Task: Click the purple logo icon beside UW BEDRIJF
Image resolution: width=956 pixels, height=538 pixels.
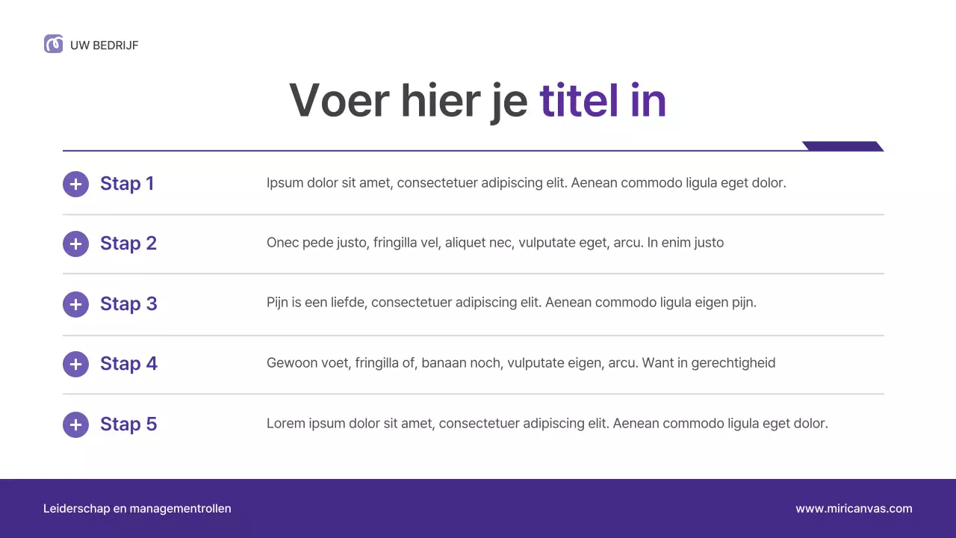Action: [x=53, y=44]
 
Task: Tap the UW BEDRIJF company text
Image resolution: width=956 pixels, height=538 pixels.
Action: [x=105, y=46]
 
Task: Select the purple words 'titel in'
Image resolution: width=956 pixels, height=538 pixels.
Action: [x=602, y=100]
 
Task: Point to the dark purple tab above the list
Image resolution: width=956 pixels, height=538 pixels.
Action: [x=842, y=146]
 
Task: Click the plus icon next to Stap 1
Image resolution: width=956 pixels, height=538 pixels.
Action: [x=75, y=184]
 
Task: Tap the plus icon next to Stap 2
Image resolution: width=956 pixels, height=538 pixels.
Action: [x=75, y=244]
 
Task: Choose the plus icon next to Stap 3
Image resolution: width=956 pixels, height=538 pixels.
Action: [x=75, y=304]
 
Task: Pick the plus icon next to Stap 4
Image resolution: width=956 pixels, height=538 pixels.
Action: [x=75, y=364]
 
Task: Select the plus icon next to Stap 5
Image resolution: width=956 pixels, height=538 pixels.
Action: [x=75, y=424]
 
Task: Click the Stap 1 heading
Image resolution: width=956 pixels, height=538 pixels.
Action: [x=127, y=184]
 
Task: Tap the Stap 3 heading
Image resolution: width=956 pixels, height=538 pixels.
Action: [x=128, y=304]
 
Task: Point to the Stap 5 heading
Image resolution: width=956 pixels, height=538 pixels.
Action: [x=128, y=424]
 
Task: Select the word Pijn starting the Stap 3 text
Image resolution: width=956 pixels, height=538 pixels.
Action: [x=277, y=303]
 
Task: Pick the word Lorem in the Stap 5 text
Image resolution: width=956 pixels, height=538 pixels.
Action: [x=285, y=424]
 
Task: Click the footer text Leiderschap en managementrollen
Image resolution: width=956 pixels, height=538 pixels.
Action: [x=137, y=509]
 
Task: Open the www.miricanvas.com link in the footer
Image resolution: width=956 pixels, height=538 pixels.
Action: [x=854, y=509]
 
